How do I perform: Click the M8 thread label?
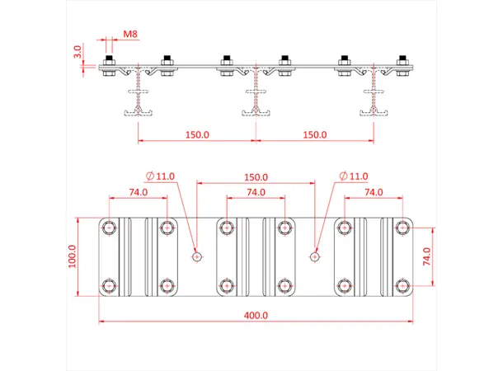tap(130, 34)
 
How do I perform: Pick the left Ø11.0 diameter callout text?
tap(161, 176)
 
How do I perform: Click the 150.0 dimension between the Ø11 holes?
tap(256, 176)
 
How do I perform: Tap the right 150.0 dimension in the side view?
tap(315, 134)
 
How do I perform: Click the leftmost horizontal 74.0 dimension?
tap(138, 192)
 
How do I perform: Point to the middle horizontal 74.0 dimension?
tap(256, 192)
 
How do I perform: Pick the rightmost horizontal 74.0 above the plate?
tap(374, 192)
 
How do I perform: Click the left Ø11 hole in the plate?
tap(196, 256)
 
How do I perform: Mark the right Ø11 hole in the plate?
tap(314, 256)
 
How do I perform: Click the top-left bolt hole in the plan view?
tap(109, 227)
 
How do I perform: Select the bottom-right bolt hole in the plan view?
tap(402, 286)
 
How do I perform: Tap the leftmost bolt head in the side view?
tap(107, 60)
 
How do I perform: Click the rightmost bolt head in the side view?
tap(403, 60)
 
